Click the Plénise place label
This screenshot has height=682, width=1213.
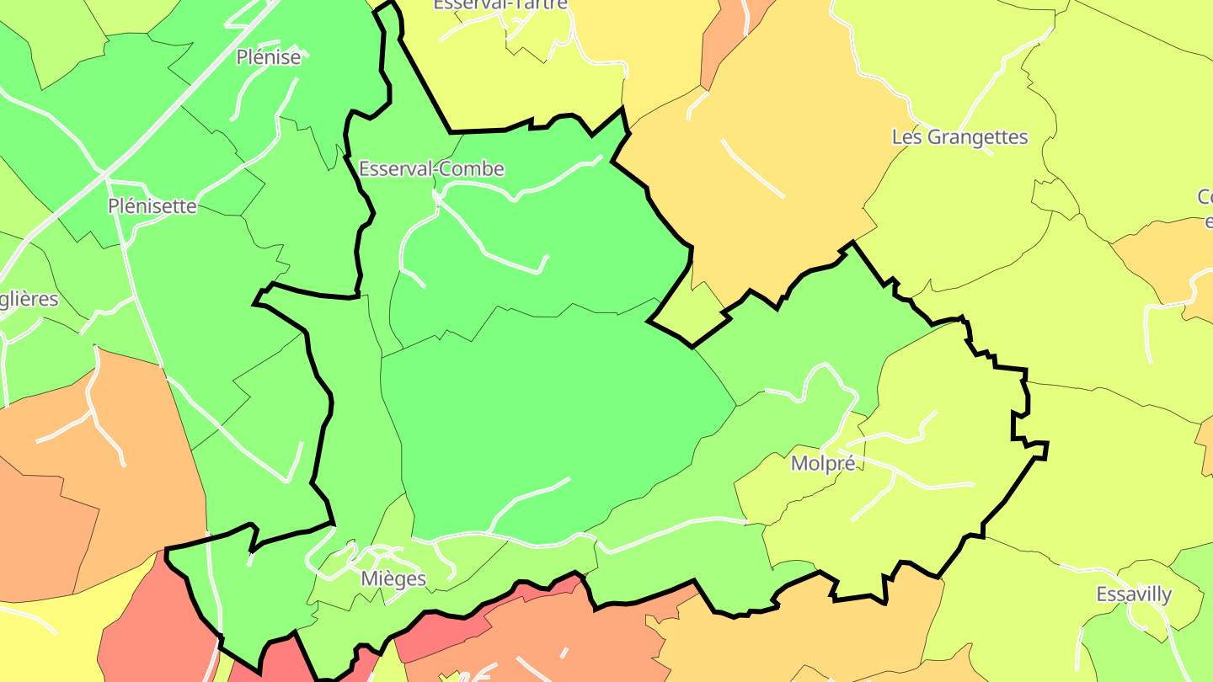[268, 57]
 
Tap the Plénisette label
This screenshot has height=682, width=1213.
[152, 206]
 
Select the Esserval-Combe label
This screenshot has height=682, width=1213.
[431, 169]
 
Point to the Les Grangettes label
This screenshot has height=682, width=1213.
[959, 137]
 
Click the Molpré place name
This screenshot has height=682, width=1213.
[823, 464]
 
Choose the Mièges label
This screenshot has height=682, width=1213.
[393, 579]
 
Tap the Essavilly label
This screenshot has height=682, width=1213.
[1134, 594]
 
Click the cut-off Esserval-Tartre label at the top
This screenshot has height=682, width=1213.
[500, 5]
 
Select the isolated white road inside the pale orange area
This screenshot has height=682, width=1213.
[752, 168]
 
